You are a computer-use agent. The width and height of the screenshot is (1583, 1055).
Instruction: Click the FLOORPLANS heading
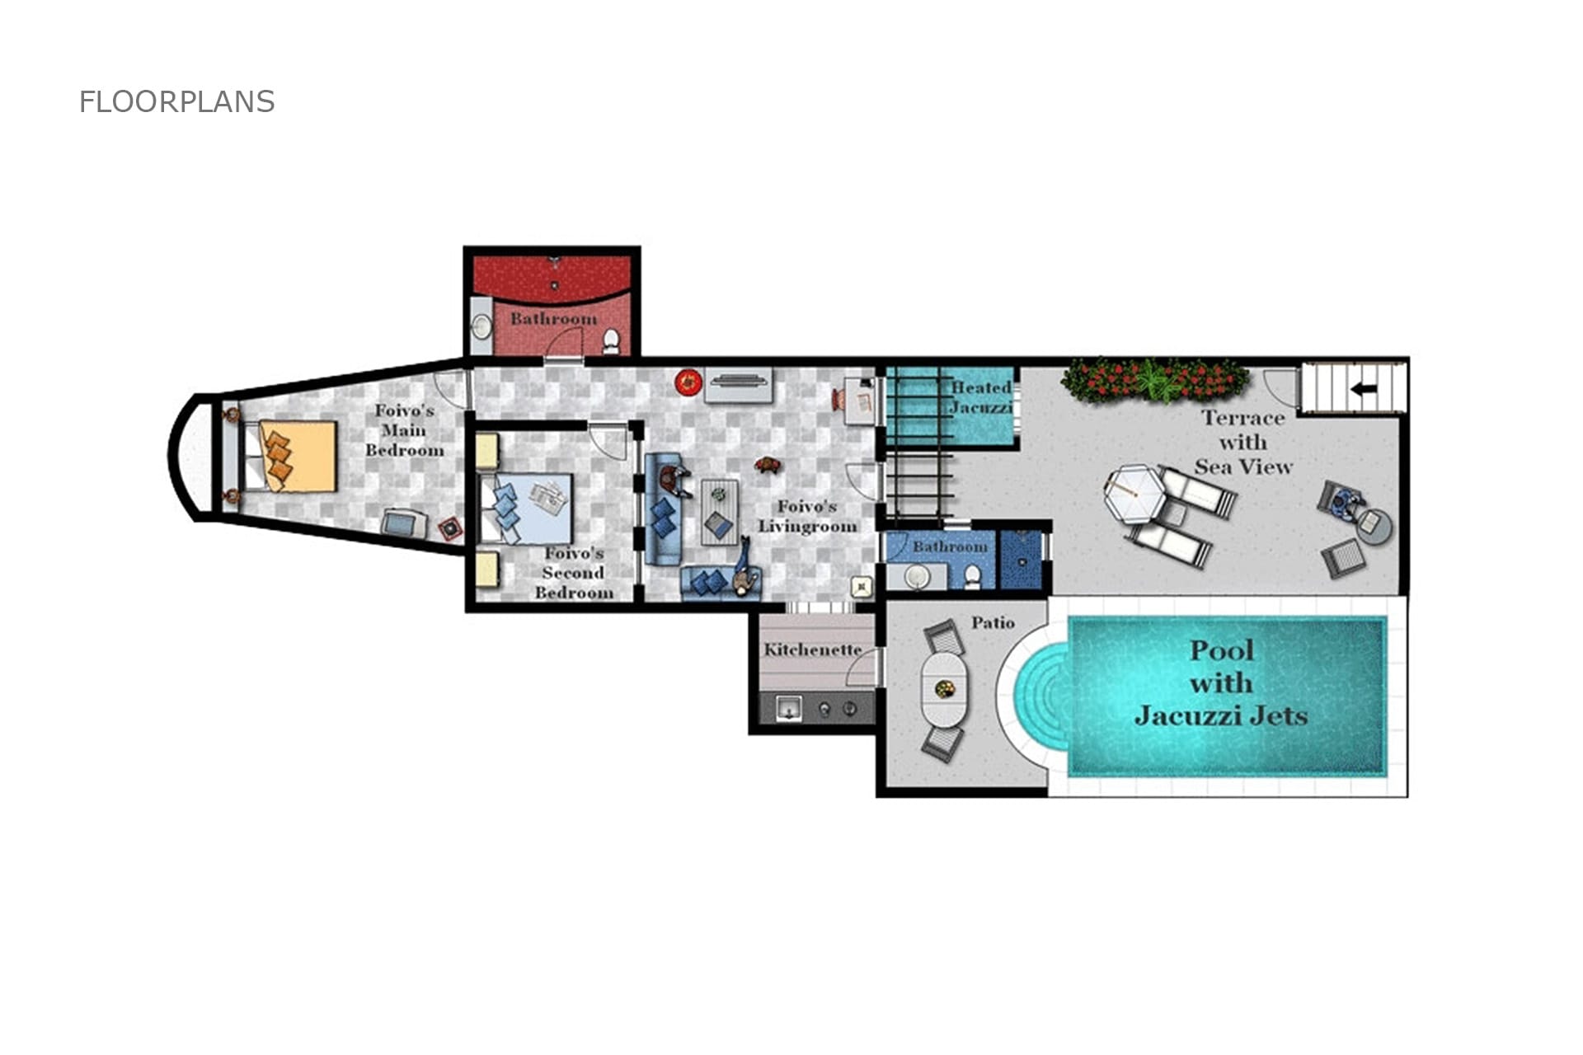(176, 101)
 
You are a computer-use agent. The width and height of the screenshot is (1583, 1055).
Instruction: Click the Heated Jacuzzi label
(981, 397)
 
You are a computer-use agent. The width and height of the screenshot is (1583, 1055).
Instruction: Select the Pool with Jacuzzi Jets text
(1221, 682)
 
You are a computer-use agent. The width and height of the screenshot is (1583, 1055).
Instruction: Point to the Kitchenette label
(812, 649)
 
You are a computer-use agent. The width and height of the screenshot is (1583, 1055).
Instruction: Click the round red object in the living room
(688, 382)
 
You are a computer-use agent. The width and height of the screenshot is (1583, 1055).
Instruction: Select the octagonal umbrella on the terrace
(1135, 494)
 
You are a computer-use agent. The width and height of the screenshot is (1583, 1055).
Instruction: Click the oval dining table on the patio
(945, 689)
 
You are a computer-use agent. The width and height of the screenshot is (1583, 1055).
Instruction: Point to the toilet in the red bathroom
(611, 340)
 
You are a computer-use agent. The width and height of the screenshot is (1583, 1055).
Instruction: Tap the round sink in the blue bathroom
(917, 576)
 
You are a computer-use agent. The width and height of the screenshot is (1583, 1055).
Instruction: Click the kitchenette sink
(789, 708)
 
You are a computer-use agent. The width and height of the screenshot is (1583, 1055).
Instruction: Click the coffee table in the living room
(720, 512)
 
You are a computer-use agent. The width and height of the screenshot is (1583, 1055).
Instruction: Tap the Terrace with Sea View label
(1243, 443)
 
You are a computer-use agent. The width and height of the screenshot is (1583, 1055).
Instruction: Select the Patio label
(993, 622)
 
